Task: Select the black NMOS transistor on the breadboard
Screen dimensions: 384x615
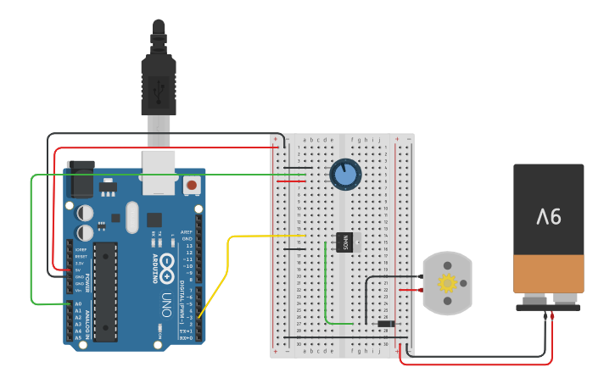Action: [x=344, y=242]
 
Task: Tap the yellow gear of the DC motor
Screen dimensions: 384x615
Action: [x=446, y=283]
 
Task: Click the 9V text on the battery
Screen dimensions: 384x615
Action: [x=548, y=218]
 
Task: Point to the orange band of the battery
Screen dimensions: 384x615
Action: [x=548, y=273]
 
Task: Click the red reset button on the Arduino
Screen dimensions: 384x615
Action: [x=192, y=184]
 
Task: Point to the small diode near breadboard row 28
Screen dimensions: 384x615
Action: [x=385, y=324]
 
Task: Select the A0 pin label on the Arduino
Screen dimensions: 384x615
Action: [x=79, y=303]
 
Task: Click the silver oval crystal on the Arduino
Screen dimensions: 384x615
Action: [x=131, y=217]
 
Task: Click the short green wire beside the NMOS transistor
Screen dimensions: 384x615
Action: [x=327, y=288]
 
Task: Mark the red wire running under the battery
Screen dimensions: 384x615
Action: [x=475, y=364]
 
